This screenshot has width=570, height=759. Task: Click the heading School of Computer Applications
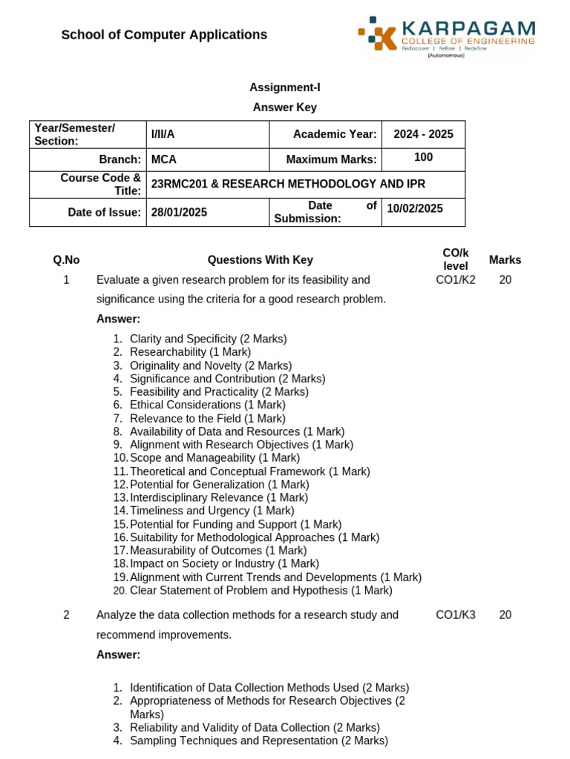pyautogui.click(x=164, y=35)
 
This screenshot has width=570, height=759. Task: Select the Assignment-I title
pyautogui.click(x=284, y=87)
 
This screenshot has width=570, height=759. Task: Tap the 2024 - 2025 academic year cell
pyautogui.click(x=423, y=134)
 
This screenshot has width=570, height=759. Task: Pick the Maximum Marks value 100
pyautogui.click(x=423, y=158)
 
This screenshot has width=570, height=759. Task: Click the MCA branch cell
pyautogui.click(x=164, y=159)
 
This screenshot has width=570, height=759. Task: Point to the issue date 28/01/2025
pyautogui.click(x=179, y=212)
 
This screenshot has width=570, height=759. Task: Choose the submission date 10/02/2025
pyautogui.click(x=414, y=208)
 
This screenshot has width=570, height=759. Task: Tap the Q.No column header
pyautogui.click(x=66, y=260)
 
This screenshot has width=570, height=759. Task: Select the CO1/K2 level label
pyautogui.click(x=456, y=280)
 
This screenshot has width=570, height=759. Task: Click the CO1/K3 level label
pyautogui.click(x=456, y=615)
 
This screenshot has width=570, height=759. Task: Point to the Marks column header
pyautogui.click(x=505, y=260)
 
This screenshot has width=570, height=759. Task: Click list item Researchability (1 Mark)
pyautogui.click(x=190, y=352)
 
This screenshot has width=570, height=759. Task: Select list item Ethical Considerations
pyautogui.click(x=207, y=405)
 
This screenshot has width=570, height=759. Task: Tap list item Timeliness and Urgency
pyautogui.click(x=212, y=511)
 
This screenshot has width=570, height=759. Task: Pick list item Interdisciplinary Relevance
pyautogui.click(x=218, y=497)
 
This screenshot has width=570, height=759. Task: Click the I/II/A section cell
pyautogui.click(x=163, y=134)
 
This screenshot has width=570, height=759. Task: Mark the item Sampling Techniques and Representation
pyautogui.click(x=258, y=740)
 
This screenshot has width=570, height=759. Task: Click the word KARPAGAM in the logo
pyautogui.click(x=468, y=29)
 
